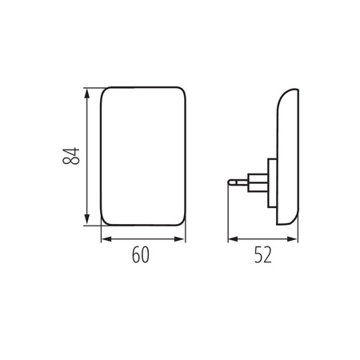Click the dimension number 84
73,156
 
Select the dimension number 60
142,256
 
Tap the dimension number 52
262,256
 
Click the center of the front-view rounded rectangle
142,156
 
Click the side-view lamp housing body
288,156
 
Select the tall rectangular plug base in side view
272,184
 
